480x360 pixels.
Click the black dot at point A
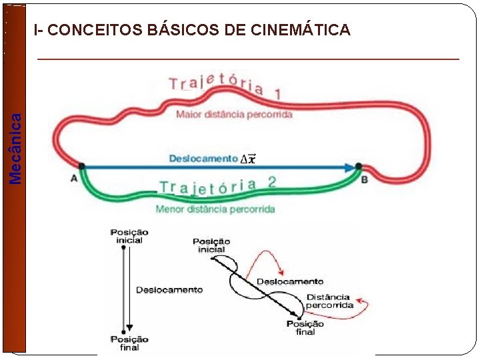81,166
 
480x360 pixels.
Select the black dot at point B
359,166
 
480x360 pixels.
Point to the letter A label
73,179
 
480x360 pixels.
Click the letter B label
364,179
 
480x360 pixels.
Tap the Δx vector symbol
247,159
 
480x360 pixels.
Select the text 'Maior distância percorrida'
234,115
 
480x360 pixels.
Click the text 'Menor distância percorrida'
215,209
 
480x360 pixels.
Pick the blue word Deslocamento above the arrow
203,159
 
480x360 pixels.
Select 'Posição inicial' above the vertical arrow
129,236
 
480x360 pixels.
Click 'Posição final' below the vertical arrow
129,343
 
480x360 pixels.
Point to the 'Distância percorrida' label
329,301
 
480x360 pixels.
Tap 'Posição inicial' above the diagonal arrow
211,245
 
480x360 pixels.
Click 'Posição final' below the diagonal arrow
305,327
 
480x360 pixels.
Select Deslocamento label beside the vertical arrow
169,289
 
